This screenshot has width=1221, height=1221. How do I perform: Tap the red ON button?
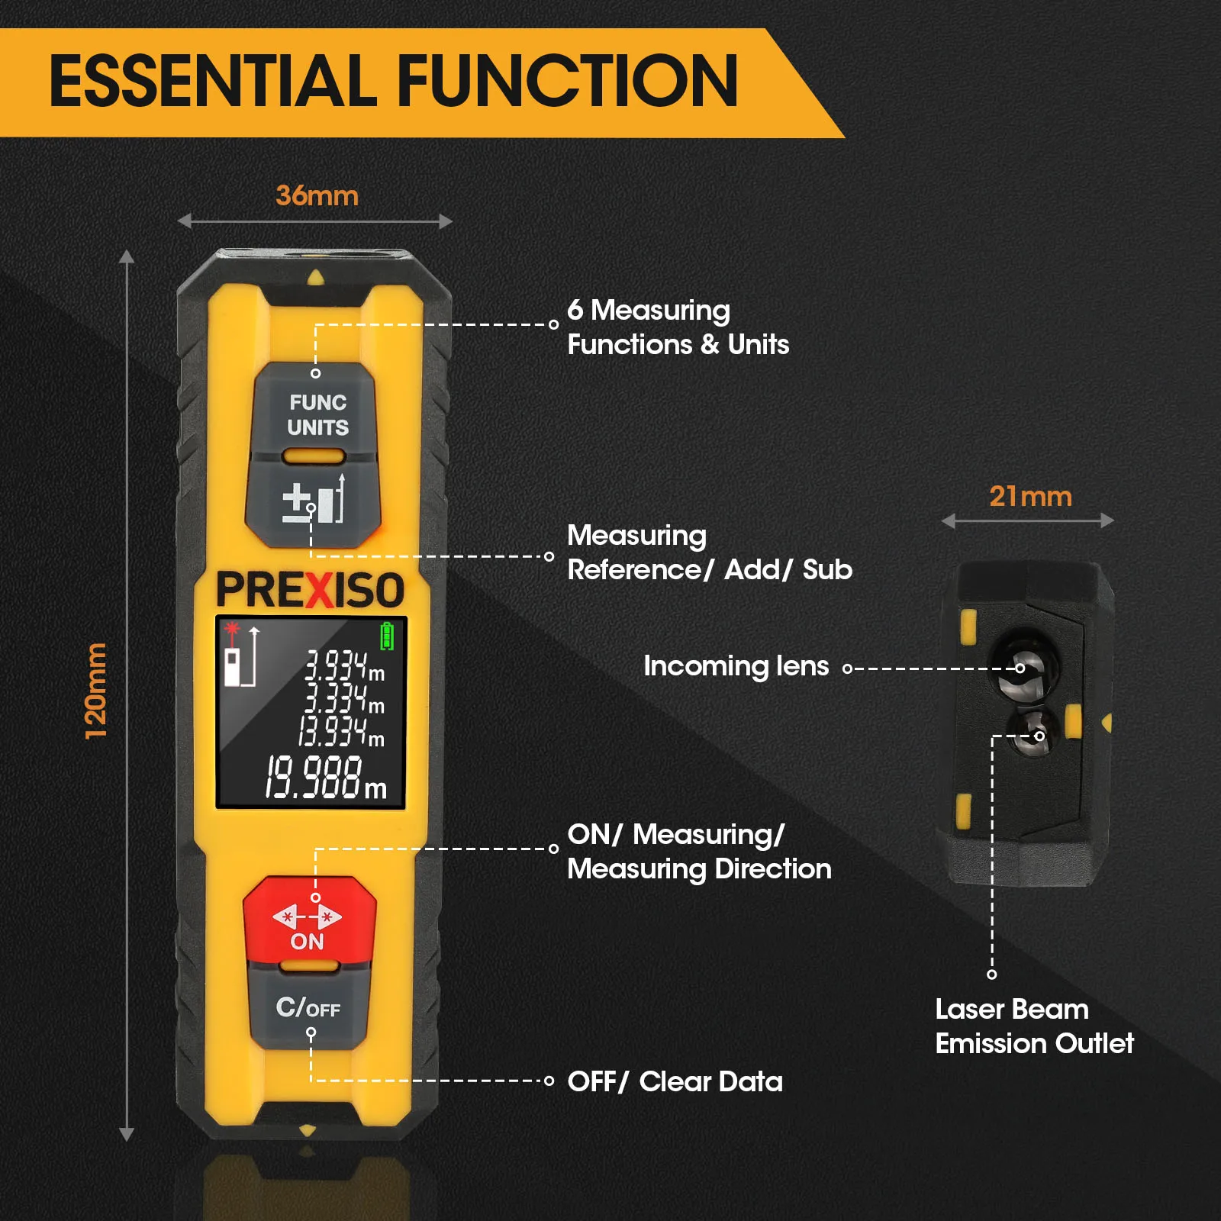[309, 920]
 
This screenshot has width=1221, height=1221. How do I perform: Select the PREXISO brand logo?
[310, 591]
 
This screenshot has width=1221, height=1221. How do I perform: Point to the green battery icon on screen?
[387, 636]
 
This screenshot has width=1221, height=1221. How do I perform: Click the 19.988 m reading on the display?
[325, 778]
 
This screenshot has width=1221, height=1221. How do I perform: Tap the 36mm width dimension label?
[317, 196]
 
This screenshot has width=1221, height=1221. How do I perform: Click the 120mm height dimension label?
[96, 691]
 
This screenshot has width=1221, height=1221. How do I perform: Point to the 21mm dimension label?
[1030, 497]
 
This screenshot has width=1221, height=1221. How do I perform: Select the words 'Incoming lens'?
[736, 666]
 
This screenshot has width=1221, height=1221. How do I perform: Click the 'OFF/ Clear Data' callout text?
[675, 1081]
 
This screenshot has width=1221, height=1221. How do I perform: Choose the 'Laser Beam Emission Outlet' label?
[1034, 1026]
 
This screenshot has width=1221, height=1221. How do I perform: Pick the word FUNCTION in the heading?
[568, 81]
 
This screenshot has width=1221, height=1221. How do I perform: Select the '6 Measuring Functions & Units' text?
[678, 327]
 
